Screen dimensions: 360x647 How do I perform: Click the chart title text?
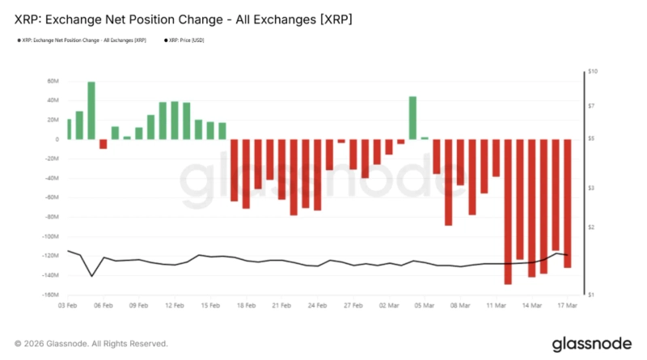coord(171,17)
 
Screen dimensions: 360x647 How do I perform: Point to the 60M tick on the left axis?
coord(54,82)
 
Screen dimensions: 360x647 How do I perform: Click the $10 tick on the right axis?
coord(592,72)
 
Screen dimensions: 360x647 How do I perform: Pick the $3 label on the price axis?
coord(592,188)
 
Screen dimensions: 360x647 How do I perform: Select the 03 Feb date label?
coord(68,306)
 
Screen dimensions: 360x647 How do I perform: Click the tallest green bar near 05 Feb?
coord(91,111)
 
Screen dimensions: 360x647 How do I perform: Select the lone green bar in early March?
coord(412,118)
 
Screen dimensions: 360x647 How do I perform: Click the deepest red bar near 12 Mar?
coord(508,211)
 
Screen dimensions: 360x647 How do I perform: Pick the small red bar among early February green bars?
coord(103,144)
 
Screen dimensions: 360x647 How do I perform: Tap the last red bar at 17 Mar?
coord(567,203)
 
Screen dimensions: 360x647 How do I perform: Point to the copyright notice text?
coord(91,344)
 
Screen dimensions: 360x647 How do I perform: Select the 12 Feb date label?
coord(174,306)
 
